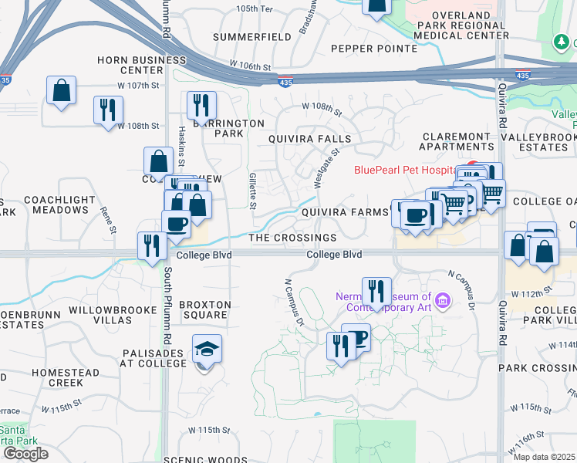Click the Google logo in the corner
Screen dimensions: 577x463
click(x=25, y=453)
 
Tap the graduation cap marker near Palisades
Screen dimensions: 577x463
click(x=207, y=350)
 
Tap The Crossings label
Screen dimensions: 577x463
click(x=292, y=238)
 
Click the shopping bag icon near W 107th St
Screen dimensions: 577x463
click(x=61, y=91)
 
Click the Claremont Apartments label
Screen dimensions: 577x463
click(x=457, y=140)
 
